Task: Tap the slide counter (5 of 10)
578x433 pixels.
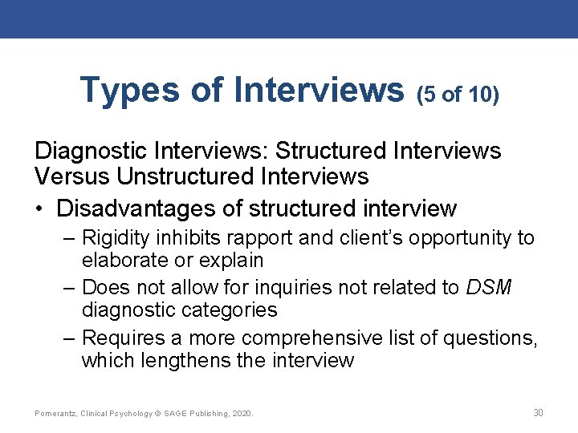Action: click(x=458, y=95)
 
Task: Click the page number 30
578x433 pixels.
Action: click(x=538, y=413)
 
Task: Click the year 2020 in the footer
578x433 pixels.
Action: click(x=242, y=414)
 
